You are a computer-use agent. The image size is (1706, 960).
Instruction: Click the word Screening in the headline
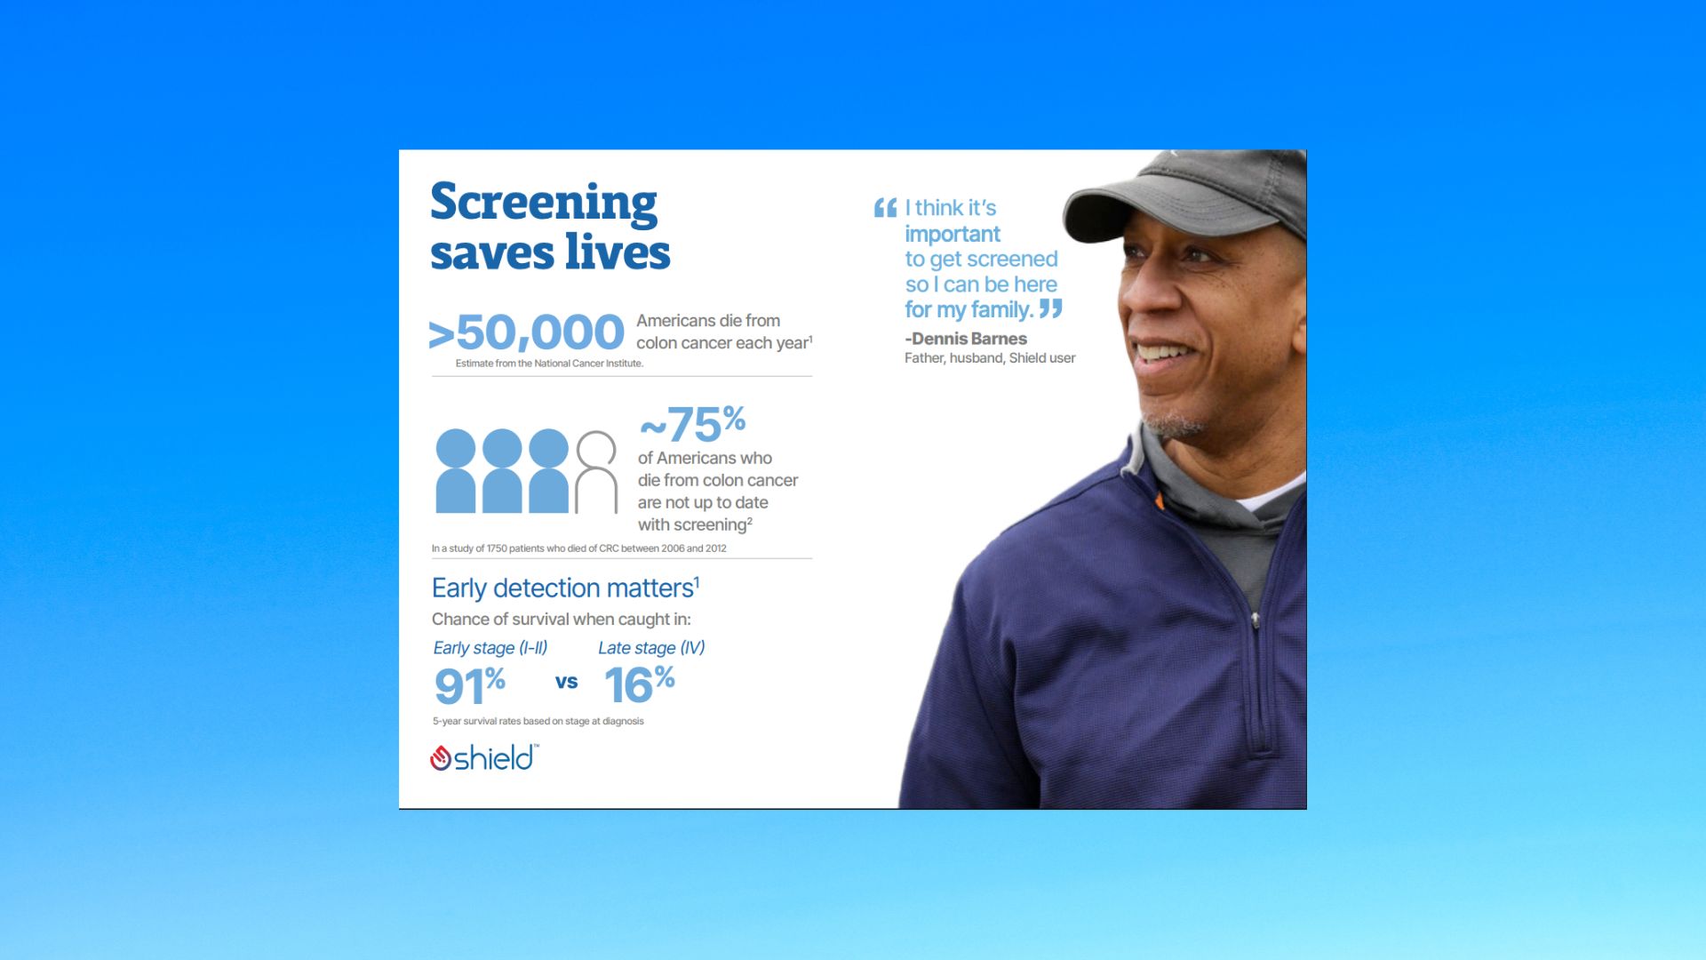(544, 204)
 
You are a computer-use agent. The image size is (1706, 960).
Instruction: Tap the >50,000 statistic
(526, 332)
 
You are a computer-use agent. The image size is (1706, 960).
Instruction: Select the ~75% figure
(692, 423)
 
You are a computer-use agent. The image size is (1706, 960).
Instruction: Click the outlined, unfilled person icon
(596, 472)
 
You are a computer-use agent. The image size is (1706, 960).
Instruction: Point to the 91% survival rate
(469, 684)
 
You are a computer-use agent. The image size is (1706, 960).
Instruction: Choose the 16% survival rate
(639, 684)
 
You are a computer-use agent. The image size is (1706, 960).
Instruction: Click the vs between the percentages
(566, 682)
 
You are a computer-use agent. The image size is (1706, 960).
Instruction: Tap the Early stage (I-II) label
(490, 648)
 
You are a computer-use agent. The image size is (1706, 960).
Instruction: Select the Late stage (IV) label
(651, 648)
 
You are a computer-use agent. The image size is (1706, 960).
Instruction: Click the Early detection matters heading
(565, 588)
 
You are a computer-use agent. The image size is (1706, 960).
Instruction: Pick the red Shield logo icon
(441, 758)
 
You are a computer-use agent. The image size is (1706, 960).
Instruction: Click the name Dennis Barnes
(969, 339)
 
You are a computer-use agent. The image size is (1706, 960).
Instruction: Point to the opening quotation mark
(885, 208)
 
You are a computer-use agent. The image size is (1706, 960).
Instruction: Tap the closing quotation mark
(1051, 308)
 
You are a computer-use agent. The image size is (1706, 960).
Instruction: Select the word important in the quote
(953, 234)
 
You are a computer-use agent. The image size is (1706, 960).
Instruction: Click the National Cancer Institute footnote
(549, 364)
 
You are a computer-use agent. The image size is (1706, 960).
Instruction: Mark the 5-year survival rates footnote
(538, 721)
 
